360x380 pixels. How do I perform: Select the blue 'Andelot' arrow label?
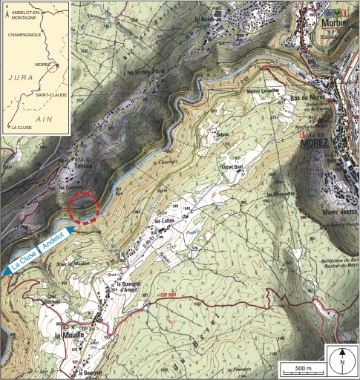pyautogui.click(x=54, y=241)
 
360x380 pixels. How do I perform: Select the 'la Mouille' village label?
pyautogui.click(x=68, y=335)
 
